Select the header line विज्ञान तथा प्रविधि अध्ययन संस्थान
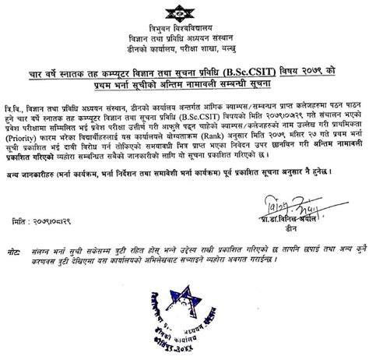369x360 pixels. [184, 39]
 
